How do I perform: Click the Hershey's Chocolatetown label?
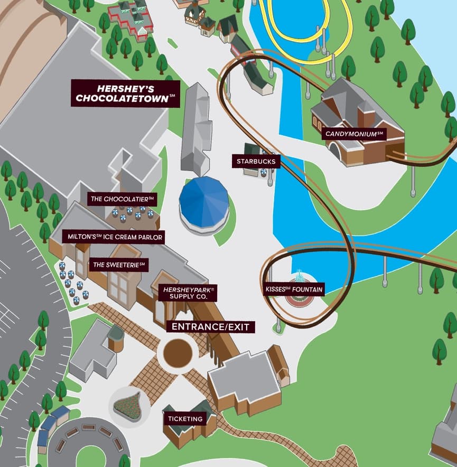point(125,93)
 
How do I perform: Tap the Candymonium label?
point(355,134)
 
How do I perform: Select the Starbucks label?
point(256,161)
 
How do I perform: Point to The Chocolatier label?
point(122,199)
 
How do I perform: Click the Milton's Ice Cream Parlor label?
point(115,237)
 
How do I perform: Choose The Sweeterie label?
point(119,264)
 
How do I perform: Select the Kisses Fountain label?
point(294,289)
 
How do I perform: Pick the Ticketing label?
point(185,419)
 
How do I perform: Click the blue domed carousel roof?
point(203,200)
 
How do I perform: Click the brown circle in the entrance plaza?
point(178,353)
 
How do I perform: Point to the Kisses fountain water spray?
point(299,276)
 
